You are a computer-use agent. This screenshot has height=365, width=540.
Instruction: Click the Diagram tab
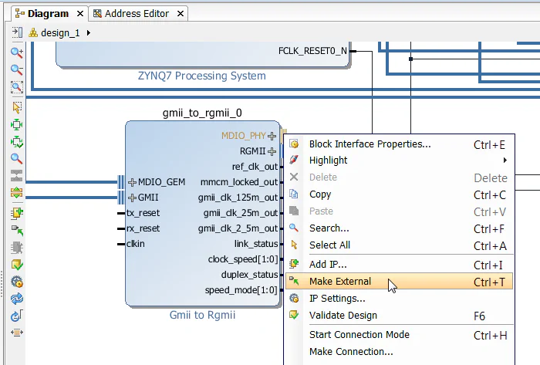48,14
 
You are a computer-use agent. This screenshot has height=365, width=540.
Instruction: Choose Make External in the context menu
339,282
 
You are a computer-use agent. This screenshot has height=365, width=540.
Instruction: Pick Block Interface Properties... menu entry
370,144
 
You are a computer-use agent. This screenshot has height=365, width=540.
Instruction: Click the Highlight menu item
328,161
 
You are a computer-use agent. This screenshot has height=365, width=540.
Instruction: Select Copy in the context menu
320,194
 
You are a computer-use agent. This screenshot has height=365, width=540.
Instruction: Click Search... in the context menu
329,228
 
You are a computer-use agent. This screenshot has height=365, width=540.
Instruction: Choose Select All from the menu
329,245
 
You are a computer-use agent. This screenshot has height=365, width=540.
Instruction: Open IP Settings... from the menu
337,299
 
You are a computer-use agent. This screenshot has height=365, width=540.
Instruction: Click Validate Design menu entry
343,316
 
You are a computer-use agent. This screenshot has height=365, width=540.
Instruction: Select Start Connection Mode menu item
359,335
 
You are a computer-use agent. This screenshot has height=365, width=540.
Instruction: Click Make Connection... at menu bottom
351,352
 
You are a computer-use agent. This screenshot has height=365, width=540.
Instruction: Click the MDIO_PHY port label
243,136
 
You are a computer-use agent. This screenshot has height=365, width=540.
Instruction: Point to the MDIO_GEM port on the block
161,182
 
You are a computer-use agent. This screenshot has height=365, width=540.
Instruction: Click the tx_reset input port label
143,213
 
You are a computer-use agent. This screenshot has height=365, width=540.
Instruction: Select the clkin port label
136,244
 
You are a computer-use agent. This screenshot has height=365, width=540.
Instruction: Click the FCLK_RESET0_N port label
312,51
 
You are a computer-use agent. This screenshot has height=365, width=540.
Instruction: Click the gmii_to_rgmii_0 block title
202,113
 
